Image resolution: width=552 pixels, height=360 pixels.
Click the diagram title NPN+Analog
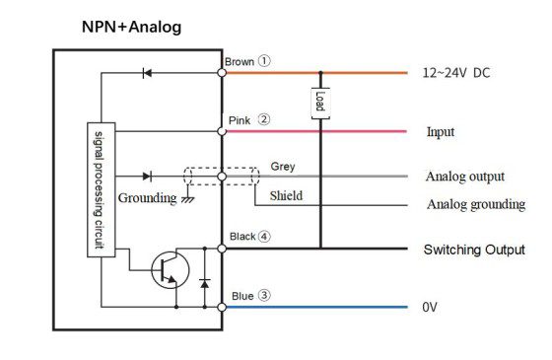(x=132, y=28)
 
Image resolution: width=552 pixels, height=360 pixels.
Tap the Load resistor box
(x=320, y=104)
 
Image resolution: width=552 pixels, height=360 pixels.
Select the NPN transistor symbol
(x=170, y=270)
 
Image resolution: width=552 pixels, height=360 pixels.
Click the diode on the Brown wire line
(x=147, y=73)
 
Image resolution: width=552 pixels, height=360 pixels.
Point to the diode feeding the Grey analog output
(x=147, y=177)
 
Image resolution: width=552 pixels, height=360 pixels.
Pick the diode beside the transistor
(x=205, y=283)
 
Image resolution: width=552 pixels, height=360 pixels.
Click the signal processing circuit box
(x=101, y=189)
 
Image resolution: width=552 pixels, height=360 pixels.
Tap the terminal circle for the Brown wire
(x=222, y=73)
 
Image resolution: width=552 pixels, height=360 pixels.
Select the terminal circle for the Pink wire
(x=222, y=131)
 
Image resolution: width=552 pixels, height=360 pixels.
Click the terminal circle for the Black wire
(x=222, y=249)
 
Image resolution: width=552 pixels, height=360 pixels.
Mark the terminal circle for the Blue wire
(x=222, y=307)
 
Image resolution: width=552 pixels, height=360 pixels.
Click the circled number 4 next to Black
(x=264, y=236)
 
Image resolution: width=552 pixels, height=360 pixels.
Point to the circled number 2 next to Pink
(x=264, y=119)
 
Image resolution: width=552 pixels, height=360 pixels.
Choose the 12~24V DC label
(x=456, y=73)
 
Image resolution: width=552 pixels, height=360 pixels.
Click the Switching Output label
(x=474, y=250)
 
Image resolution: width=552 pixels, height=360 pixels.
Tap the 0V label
(x=430, y=307)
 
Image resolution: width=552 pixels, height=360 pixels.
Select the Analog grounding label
(x=476, y=205)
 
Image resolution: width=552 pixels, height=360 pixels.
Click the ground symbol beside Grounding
(x=188, y=199)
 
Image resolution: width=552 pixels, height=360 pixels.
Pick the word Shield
(x=286, y=196)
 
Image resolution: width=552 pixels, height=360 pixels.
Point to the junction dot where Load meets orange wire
(x=320, y=73)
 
